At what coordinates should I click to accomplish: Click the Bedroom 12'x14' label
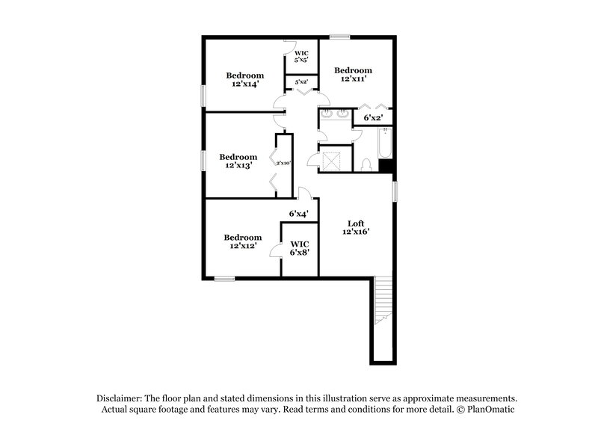click(x=245, y=79)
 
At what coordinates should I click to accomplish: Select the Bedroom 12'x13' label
click(x=238, y=161)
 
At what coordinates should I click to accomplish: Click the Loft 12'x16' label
click(x=356, y=227)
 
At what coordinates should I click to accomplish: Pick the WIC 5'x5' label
click(x=301, y=56)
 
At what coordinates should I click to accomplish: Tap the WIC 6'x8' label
click(x=300, y=247)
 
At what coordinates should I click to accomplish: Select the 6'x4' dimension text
click(x=300, y=214)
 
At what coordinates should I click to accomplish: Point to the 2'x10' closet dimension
click(x=283, y=163)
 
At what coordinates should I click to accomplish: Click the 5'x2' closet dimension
click(x=301, y=81)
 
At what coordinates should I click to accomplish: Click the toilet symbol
click(x=366, y=164)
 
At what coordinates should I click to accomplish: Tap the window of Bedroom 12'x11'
click(x=340, y=36)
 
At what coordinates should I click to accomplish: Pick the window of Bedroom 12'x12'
click(x=225, y=279)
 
